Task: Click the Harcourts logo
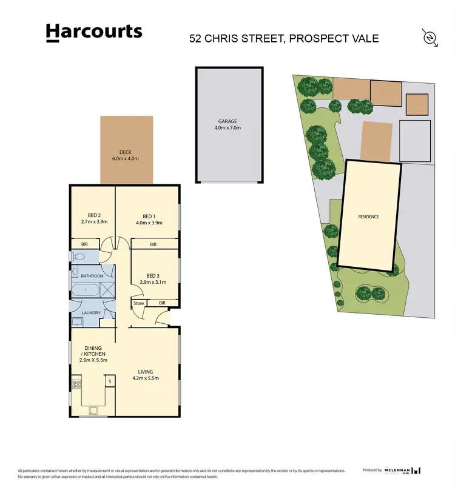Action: click(94, 33)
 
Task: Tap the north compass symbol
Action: click(430, 37)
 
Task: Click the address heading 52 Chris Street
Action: click(285, 38)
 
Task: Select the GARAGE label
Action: click(227, 121)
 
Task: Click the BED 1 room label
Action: click(149, 216)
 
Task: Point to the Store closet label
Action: click(139, 303)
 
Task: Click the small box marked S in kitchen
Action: click(110, 381)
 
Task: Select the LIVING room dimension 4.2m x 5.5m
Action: click(146, 378)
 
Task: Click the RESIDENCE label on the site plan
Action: click(368, 216)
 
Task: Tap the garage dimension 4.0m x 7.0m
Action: click(227, 128)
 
